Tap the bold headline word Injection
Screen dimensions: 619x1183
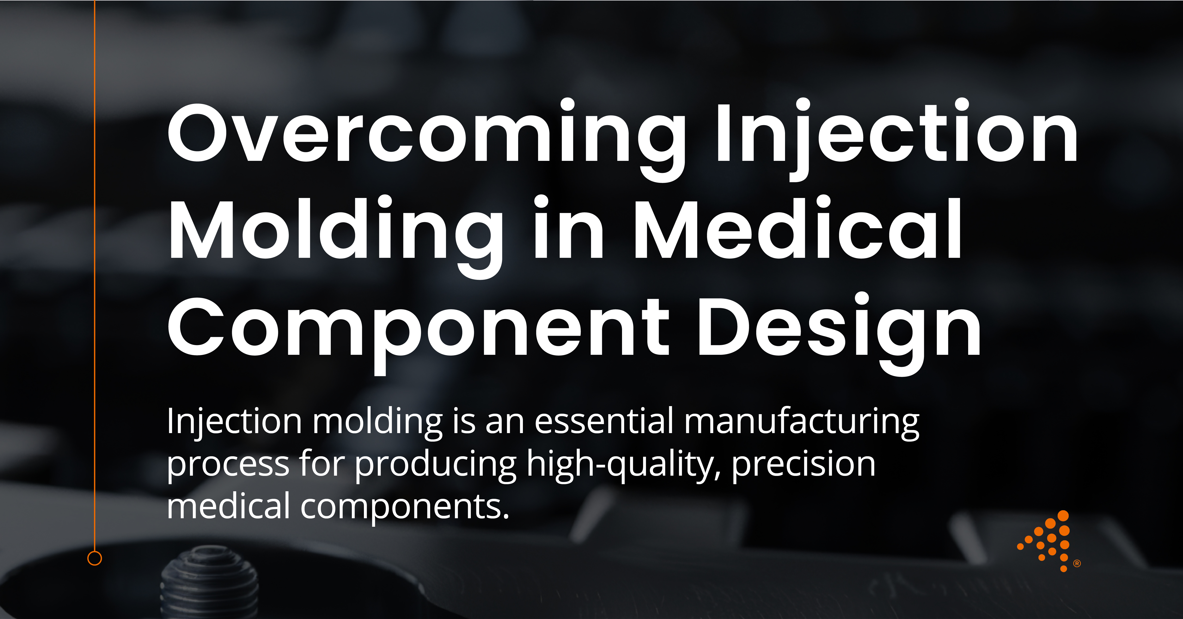pos(896,133)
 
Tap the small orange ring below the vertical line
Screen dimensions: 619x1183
pos(95,558)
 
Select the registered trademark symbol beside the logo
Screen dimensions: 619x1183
pos(1077,563)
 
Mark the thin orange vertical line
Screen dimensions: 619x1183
pos(95,276)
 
